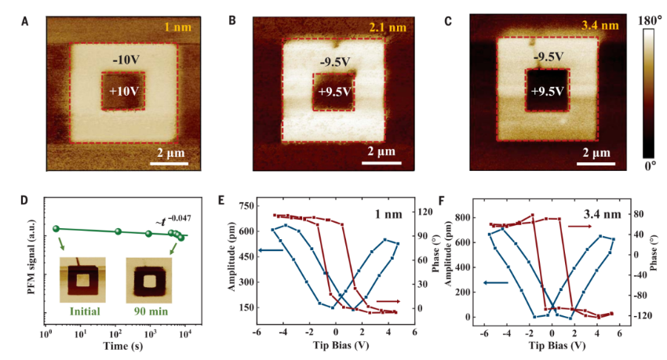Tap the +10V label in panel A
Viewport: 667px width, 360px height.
pyautogui.click(x=123, y=91)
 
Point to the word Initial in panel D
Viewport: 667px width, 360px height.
pyautogui.click(x=84, y=311)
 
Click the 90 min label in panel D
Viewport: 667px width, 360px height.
pyautogui.click(x=149, y=311)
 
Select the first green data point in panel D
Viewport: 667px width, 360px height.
pyautogui.click(x=56, y=228)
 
